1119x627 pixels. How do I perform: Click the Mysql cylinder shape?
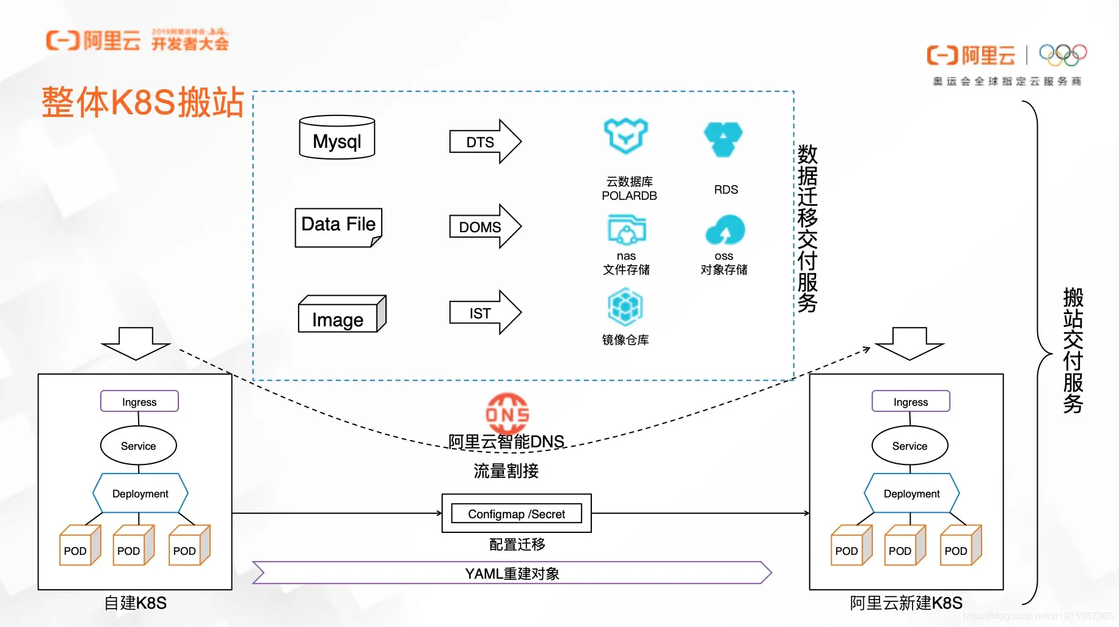(337, 138)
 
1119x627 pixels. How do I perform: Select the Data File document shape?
(338, 226)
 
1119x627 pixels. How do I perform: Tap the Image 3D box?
(341, 315)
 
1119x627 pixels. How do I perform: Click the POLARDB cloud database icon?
(625, 136)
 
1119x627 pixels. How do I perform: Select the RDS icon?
(723, 139)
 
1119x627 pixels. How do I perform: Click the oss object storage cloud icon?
(725, 230)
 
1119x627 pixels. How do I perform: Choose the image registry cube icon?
(625, 307)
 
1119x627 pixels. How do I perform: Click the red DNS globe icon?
(507, 413)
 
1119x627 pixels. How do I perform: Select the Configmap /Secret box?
(516, 513)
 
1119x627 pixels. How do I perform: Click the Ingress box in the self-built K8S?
(139, 402)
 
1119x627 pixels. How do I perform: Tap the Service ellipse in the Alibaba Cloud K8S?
(909, 446)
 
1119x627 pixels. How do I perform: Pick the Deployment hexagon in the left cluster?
(140, 493)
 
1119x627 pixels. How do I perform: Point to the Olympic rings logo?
(1063, 55)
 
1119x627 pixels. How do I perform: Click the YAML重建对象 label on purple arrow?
(512, 573)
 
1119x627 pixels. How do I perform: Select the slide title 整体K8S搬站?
(143, 102)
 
